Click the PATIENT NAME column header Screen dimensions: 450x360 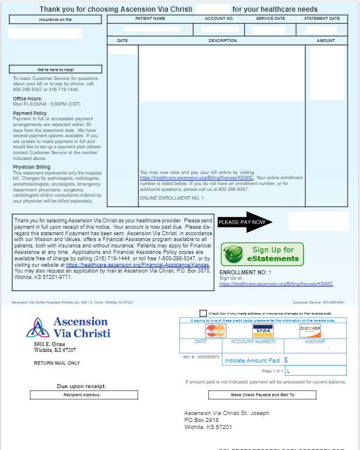150,19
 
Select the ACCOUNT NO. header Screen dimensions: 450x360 219,19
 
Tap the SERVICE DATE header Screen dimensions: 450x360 270,19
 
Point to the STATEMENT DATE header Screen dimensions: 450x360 322,19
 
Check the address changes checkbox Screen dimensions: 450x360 203,313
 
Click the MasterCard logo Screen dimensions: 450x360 215,330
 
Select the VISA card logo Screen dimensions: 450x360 263,330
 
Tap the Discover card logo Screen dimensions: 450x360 310,330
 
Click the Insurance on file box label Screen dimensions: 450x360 55,20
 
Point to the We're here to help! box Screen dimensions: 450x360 55,69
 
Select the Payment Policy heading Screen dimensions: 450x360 30,113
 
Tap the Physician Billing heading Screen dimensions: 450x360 32,167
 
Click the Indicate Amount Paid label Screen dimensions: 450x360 252,361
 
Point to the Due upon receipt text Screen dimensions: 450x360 81,386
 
